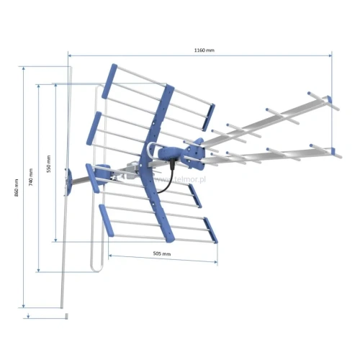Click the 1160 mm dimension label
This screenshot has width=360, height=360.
click(204, 50)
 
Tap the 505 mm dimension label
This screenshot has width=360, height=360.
click(162, 253)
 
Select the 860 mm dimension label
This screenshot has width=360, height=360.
click(17, 188)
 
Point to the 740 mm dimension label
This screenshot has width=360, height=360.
click(31, 177)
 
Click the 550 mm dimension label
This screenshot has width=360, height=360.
click(49, 164)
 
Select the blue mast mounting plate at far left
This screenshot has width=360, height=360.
click(68, 181)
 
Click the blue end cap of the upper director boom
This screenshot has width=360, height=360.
click(329, 99)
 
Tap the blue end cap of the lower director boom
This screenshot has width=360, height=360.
click(333, 151)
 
